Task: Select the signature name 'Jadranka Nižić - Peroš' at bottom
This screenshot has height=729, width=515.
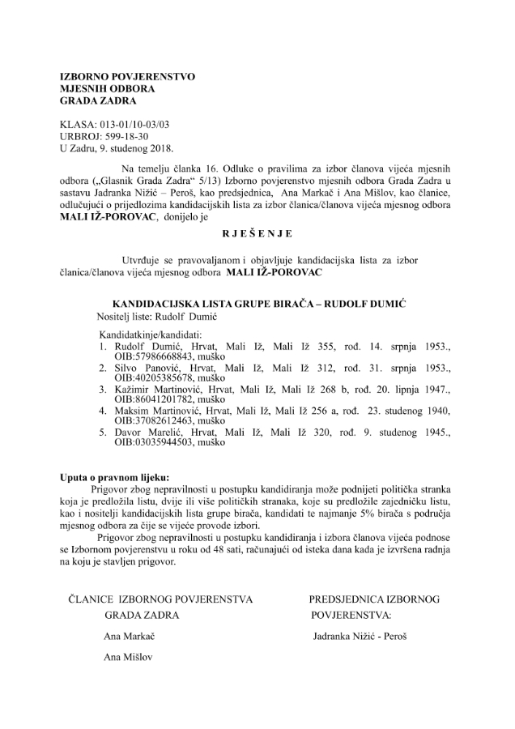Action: click(x=360, y=637)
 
